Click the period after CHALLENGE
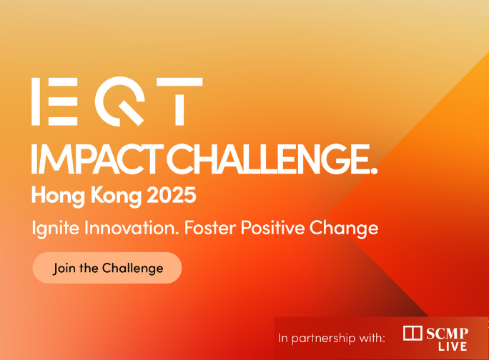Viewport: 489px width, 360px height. tap(372, 169)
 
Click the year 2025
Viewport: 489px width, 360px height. tap(171, 194)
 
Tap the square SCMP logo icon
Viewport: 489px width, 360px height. tap(413, 333)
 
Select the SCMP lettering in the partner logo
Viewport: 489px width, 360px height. tap(448, 332)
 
